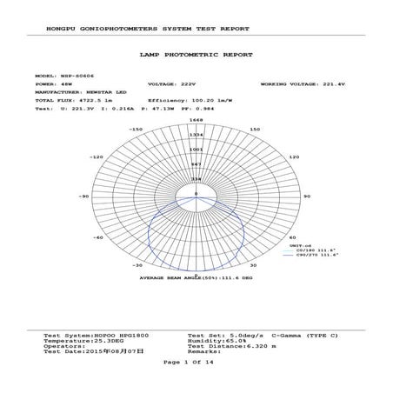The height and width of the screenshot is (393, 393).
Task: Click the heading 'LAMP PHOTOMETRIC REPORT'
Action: (x=196, y=54)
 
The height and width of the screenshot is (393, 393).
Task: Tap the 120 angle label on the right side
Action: (x=294, y=157)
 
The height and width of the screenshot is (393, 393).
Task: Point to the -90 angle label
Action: (x=85, y=196)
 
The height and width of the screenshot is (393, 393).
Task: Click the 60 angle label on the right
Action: (x=292, y=237)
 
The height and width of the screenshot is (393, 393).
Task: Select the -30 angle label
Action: (x=137, y=265)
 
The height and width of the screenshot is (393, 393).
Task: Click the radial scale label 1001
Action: (x=196, y=149)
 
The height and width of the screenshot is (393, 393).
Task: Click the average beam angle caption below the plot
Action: (x=196, y=278)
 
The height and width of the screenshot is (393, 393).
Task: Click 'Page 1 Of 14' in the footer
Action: (x=196, y=362)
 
